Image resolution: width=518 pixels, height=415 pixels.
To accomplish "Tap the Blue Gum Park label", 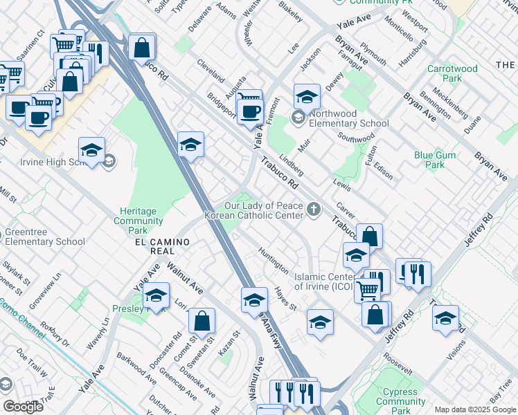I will pos(429,160).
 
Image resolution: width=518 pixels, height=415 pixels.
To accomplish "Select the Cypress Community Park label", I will pos(401,401).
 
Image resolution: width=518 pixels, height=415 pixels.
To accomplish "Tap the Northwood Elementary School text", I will pos(349,119).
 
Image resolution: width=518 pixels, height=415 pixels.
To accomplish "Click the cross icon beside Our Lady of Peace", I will pos(314,209).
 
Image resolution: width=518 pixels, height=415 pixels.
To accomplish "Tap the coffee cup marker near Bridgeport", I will pos(249,112).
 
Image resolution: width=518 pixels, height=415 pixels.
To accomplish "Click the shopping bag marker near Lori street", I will pos(202,322).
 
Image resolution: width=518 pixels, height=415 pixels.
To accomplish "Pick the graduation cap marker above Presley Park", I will pos(157,296).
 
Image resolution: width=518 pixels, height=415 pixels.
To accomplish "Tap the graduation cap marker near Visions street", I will pos(445,319).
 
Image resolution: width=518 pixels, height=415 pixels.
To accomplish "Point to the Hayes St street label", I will pos(285,298).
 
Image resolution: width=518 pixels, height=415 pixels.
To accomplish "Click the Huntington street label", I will pos(273,260).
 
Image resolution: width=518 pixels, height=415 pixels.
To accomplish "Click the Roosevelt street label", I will pos(398,362).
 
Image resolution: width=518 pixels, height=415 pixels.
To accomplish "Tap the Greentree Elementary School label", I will pos(45,237).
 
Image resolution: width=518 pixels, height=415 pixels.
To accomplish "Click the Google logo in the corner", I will pos(23,407).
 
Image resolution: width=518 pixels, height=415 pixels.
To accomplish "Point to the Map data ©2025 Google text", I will pos(474,409).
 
